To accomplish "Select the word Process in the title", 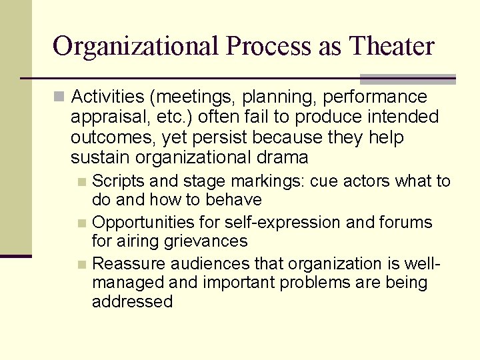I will point(268,47).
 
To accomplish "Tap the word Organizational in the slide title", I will point(135,47).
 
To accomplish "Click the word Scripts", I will point(117,181).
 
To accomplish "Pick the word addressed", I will point(132,302).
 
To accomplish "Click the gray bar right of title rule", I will point(407,79).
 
